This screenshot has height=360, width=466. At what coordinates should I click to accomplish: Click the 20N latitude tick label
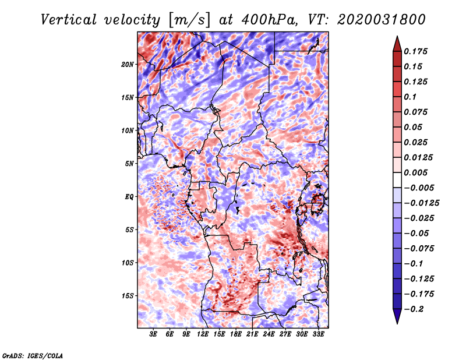pos(128,65)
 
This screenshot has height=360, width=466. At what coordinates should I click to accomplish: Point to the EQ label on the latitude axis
pos(129,197)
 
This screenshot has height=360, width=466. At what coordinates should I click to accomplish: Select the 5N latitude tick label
pos(129,164)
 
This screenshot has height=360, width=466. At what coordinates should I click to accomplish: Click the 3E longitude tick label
pos(153,334)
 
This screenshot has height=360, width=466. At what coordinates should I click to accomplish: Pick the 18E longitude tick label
pos(236,334)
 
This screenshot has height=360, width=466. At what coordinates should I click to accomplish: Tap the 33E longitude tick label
pos(318,334)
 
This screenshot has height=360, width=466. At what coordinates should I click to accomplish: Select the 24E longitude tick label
pos(269,334)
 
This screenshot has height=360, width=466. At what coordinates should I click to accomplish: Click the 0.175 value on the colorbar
pos(415,51)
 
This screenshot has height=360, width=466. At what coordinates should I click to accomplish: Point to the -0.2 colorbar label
pos(414,309)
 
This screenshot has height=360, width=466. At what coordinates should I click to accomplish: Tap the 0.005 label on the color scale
pos(415,172)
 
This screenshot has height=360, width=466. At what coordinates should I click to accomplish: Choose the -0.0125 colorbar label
pos(421,203)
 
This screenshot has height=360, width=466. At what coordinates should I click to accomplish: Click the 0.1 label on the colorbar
pos(410,97)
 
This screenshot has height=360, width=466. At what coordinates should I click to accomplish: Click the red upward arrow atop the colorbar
pos(397,44)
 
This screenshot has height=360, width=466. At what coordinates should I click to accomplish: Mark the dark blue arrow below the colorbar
pos(397,316)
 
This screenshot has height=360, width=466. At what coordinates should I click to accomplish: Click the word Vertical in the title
pos(69,20)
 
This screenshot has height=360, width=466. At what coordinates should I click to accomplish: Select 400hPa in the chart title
pos(269,20)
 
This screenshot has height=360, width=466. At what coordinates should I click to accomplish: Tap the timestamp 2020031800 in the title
pos(382,20)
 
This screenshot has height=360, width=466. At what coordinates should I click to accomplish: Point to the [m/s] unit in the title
pos(189,20)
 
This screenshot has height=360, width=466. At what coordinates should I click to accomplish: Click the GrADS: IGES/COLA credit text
pos(33,355)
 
